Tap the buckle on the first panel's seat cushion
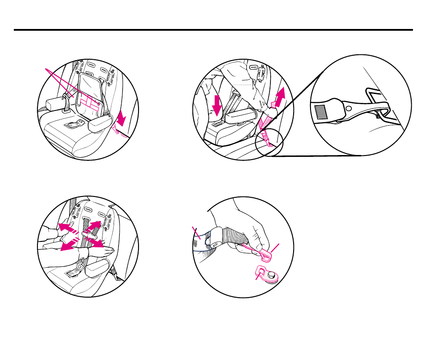pyautogui.click(x=74, y=125)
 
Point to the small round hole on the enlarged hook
pyautogui.click(x=349, y=108)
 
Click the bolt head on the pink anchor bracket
pyautogui.click(x=271, y=277)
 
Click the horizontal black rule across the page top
pyautogui.click(x=213, y=30)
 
